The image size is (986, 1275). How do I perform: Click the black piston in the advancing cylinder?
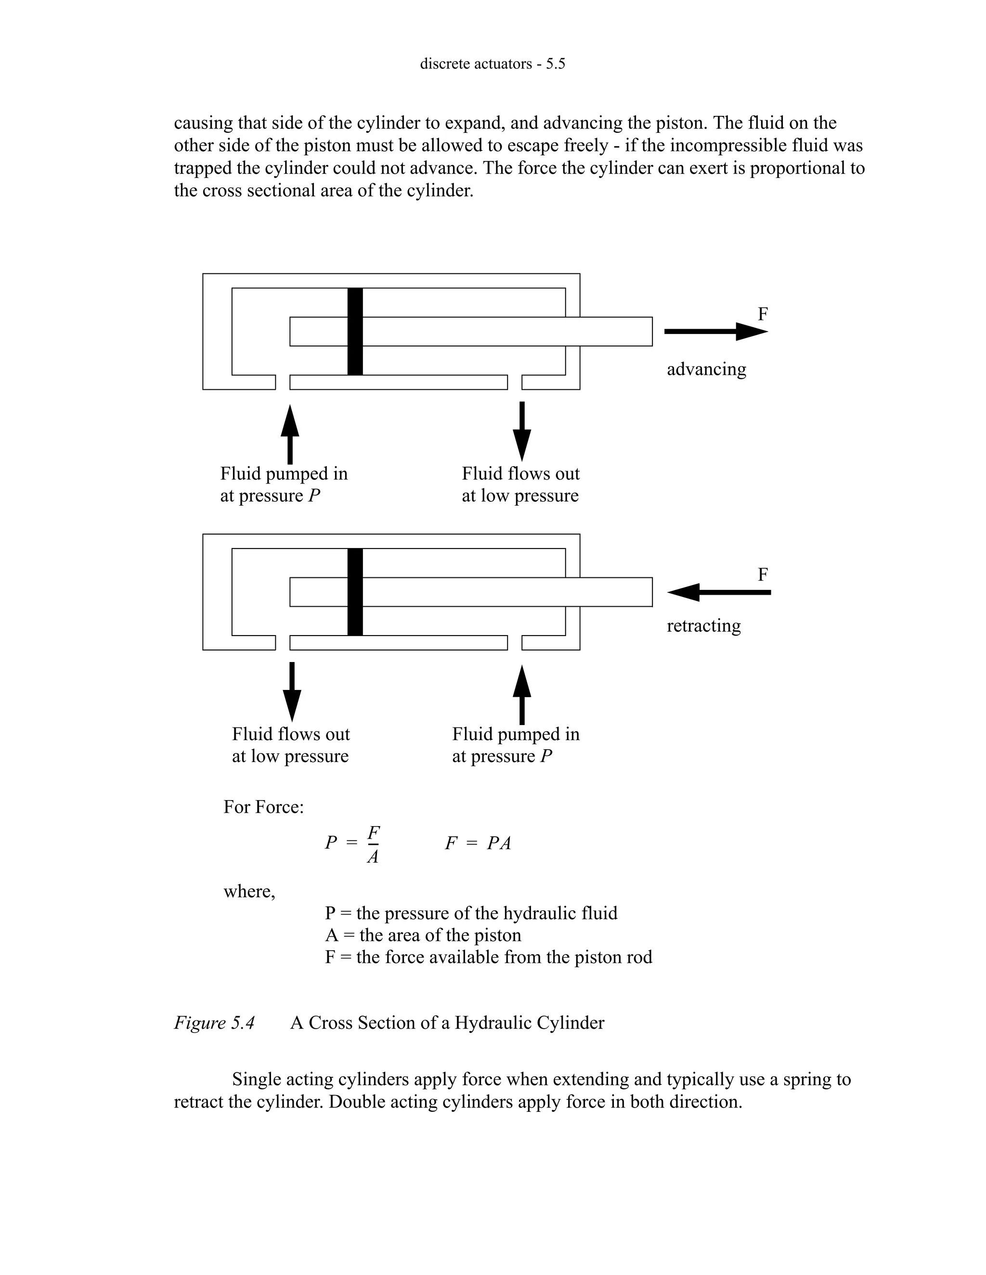click(354, 331)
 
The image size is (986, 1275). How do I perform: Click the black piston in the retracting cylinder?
click(354, 591)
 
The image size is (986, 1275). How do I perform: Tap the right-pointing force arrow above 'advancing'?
click(715, 331)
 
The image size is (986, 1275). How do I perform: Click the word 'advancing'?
click(706, 369)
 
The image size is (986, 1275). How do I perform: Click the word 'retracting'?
click(703, 625)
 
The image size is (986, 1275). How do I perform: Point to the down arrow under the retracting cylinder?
click(292, 691)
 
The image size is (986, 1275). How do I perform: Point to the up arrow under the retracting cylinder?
click(521, 695)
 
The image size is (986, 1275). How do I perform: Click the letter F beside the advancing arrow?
click(762, 314)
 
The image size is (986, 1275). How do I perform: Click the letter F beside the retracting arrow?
click(762, 574)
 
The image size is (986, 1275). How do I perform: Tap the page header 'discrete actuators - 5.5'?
click(493, 64)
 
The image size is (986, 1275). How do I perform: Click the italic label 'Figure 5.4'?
click(214, 1022)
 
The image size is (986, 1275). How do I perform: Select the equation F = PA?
click(478, 843)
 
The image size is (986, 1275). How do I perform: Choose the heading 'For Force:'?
click(263, 807)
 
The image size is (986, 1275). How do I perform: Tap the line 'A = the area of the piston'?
click(423, 935)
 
